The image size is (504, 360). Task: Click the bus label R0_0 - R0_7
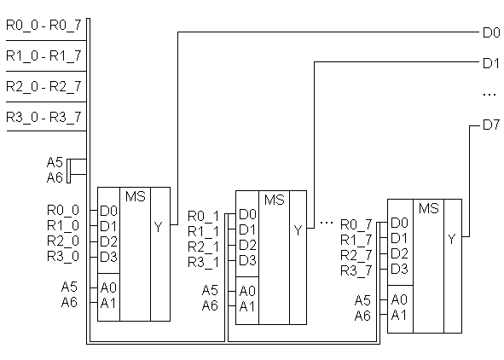click(x=43, y=26)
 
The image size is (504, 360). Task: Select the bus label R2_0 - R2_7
click(x=43, y=87)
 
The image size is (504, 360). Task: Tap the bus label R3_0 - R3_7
click(x=43, y=118)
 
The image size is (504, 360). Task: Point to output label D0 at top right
click(x=491, y=32)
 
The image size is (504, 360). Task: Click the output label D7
click(x=491, y=125)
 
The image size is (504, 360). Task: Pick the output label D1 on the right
click(x=491, y=63)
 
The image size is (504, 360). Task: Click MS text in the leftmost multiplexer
click(x=136, y=196)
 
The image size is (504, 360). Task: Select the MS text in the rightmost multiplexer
click(x=429, y=208)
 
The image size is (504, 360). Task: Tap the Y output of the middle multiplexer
click(x=298, y=230)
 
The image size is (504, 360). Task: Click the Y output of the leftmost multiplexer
click(x=158, y=227)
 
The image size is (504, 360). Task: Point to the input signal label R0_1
click(x=203, y=217)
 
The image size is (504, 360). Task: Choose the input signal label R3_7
click(x=356, y=271)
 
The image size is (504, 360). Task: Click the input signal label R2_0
click(x=63, y=241)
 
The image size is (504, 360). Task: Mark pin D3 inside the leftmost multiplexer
click(x=108, y=257)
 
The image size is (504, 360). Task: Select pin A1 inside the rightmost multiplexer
click(x=399, y=315)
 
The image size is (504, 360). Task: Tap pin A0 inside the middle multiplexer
click(x=247, y=291)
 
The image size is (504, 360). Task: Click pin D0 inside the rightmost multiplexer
click(x=399, y=223)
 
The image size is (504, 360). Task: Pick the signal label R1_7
click(x=356, y=240)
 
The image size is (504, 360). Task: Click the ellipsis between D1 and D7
click(x=490, y=95)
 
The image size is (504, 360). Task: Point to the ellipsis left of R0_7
click(x=327, y=222)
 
